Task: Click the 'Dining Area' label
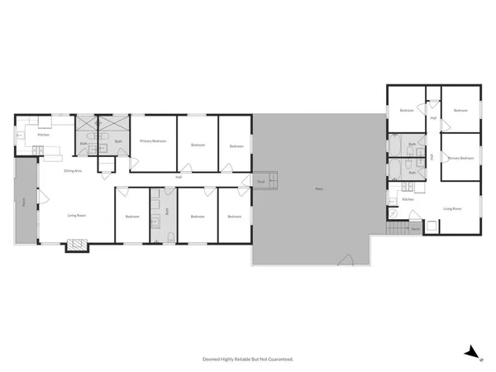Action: (x=72, y=170)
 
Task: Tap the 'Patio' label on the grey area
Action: (x=318, y=189)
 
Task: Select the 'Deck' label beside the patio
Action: (x=260, y=181)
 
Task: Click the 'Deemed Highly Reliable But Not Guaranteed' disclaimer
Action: (x=248, y=360)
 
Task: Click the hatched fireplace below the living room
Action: (x=76, y=245)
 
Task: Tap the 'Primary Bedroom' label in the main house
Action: (x=153, y=141)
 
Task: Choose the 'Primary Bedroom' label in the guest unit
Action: (x=460, y=158)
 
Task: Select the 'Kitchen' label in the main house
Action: (x=43, y=135)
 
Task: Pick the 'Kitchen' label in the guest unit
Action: (x=408, y=199)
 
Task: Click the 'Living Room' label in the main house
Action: (x=77, y=216)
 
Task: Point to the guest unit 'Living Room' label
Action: (x=452, y=209)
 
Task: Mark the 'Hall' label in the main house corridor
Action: (x=179, y=178)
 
